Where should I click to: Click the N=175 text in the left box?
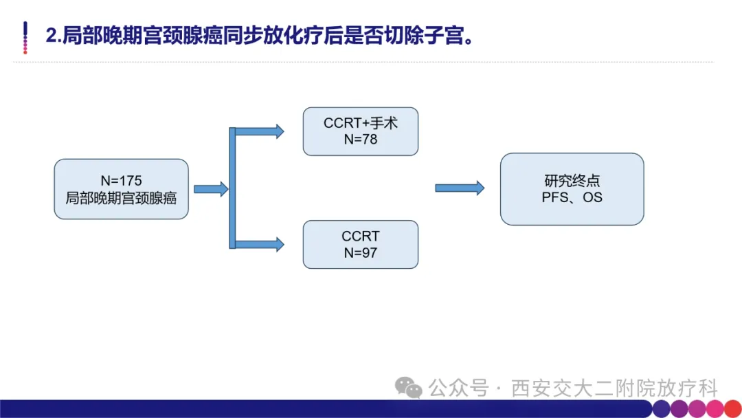121,181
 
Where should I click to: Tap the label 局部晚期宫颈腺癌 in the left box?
121,198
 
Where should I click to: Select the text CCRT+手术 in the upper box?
361,123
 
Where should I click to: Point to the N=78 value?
361,139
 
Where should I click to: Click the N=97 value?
361,253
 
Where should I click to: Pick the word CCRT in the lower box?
361,236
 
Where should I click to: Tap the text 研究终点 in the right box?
572,180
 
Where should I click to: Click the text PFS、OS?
572,197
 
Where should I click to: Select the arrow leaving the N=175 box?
211,189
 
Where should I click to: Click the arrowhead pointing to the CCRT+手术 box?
280,131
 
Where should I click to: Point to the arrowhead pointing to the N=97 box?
280,244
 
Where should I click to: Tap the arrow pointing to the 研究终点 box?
460,188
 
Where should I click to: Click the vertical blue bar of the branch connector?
232,188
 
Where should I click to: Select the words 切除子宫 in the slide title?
424,36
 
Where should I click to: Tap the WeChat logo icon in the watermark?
408,387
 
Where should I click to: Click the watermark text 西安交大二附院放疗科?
614,388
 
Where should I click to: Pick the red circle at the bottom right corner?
733,408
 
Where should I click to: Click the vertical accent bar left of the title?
25,37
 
